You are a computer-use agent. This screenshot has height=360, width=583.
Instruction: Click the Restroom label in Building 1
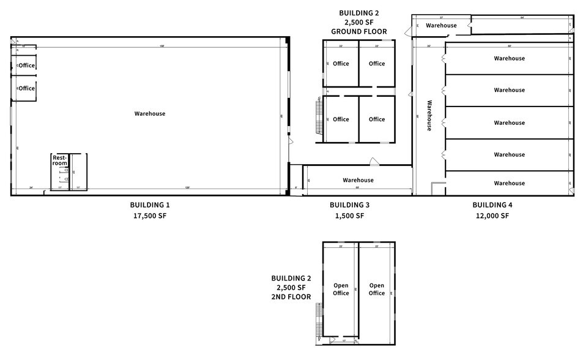click(59, 160)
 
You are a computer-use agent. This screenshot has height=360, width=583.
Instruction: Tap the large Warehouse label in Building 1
click(150, 113)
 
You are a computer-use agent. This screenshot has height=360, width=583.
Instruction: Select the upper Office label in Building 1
click(27, 66)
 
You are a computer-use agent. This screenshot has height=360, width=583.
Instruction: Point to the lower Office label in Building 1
click(27, 88)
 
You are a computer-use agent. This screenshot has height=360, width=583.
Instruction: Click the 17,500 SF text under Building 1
click(150, 216)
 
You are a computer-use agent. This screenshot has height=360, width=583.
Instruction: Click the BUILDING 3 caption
click(349, 204)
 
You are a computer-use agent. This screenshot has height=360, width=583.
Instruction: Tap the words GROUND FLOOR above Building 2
click(358, 31)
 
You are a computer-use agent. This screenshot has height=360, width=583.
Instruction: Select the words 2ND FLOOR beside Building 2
click(291, 297)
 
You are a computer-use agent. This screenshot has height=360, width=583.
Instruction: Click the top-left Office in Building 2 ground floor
click(341, 64)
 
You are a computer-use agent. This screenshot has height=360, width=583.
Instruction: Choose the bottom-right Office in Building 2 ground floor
click(377, 119)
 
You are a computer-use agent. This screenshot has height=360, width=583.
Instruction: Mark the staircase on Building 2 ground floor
click(319, 117)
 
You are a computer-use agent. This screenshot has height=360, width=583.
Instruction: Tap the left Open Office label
click(341, 289)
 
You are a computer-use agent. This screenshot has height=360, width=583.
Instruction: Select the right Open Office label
click(377, 289)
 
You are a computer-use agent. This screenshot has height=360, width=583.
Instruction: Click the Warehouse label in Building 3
click(358, 180)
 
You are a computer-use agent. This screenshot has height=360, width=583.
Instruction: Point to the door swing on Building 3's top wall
click(373, 162)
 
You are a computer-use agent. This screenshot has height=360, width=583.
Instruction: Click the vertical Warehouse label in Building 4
click(429, 116)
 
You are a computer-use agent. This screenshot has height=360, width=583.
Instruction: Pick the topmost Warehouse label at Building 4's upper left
click(441, 26)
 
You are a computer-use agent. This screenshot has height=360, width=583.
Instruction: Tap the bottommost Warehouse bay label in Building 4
click(509, 183)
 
